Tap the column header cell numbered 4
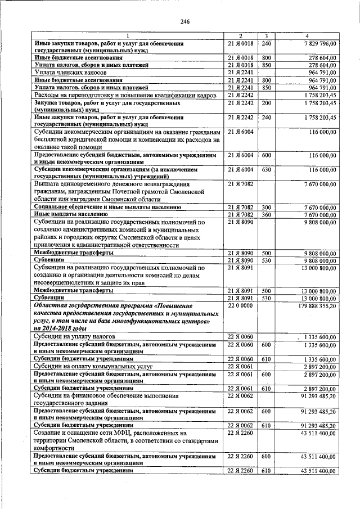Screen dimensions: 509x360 click(x=307, y=35)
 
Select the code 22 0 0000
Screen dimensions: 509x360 click(x=239, y=305)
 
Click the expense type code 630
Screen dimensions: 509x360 click(x=267, y=169)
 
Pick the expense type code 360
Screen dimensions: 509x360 click(x=267, y=214)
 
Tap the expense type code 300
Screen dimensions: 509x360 click(x=267, y=208)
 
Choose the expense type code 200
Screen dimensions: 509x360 click(x=267, y=103)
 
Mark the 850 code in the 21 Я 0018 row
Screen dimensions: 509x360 click(x=267, y=65)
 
